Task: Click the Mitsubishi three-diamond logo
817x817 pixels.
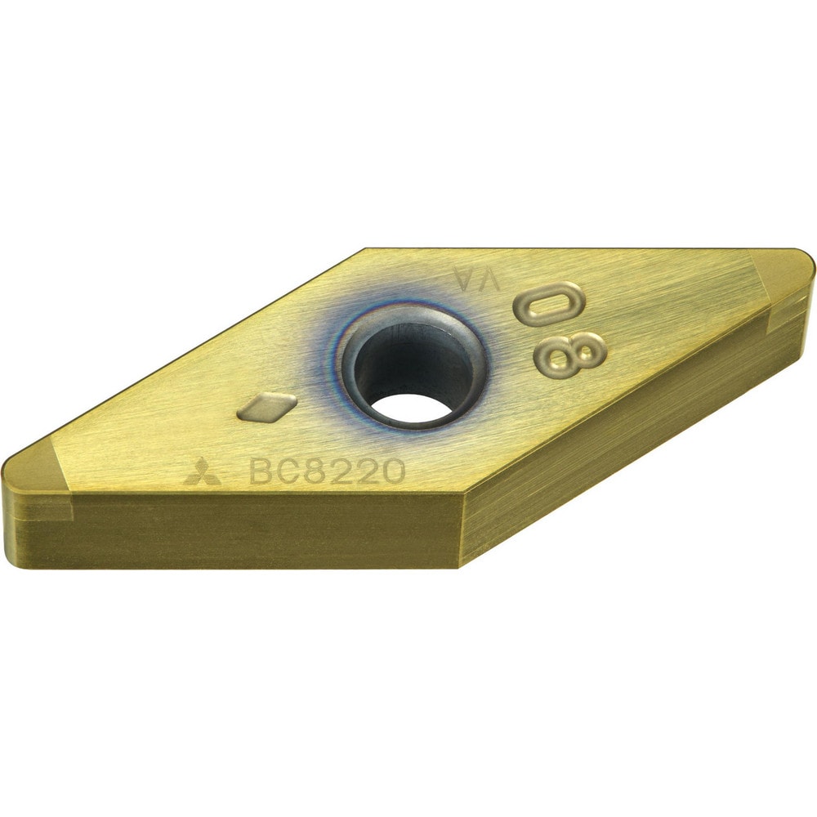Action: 198,472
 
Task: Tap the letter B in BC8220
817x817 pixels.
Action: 261,471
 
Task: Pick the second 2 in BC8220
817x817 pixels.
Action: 369,471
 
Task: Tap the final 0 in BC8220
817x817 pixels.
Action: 394,471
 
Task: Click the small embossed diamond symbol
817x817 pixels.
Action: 267,406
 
